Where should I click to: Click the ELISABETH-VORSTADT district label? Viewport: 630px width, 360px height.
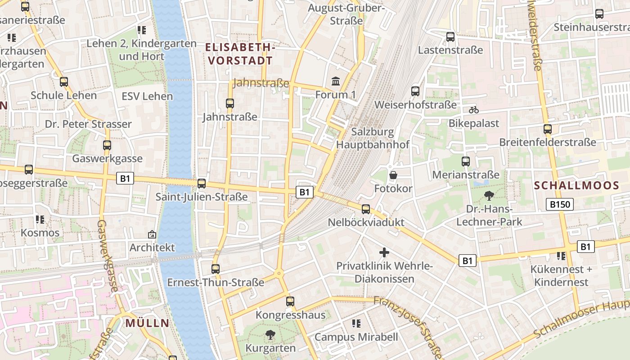coord(240,54)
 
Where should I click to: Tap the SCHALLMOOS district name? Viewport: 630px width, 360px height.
coord(576,185)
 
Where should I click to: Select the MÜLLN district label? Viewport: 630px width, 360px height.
coord(147,323)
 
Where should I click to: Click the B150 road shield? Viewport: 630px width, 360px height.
coord(560,204)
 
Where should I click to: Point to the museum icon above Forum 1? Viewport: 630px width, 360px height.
coord(336,81)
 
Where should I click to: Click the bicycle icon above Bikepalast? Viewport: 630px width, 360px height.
coord(473,109)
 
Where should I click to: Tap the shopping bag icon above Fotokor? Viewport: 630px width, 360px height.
coord(393,175)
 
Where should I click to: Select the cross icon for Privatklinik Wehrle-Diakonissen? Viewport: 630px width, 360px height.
coord(384,252)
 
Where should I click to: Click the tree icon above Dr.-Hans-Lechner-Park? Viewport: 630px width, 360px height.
coord(489,195)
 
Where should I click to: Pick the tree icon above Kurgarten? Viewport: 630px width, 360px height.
coord(270,334)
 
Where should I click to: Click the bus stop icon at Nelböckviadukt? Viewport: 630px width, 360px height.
coord(366,209)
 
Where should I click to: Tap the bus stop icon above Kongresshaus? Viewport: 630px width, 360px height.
coord(290,301)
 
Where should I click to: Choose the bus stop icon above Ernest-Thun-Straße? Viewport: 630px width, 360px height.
coord(216,269)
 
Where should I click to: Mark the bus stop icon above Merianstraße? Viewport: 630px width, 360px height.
coord(466,161)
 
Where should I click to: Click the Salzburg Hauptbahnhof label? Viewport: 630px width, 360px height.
coord(373,138)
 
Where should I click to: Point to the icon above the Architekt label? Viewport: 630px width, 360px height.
coord(152,234)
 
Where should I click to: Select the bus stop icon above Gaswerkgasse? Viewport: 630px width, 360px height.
coord(107,145)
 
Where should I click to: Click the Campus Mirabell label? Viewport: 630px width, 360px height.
coord(356,337)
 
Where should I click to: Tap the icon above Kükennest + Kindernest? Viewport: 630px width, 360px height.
coord(561,256)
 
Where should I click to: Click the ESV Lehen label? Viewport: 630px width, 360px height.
coord(147,96)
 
